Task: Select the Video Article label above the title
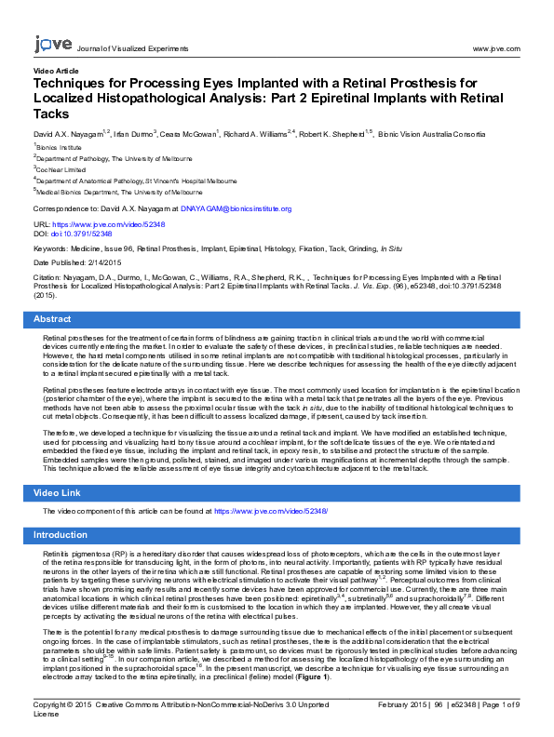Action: [x=57, y=71]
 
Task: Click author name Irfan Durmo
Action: [x=134, y=135]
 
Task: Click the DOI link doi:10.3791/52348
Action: [x=82, y=234]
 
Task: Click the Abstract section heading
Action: [x=52, y=319]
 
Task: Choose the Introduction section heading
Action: [x=61, y=535]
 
